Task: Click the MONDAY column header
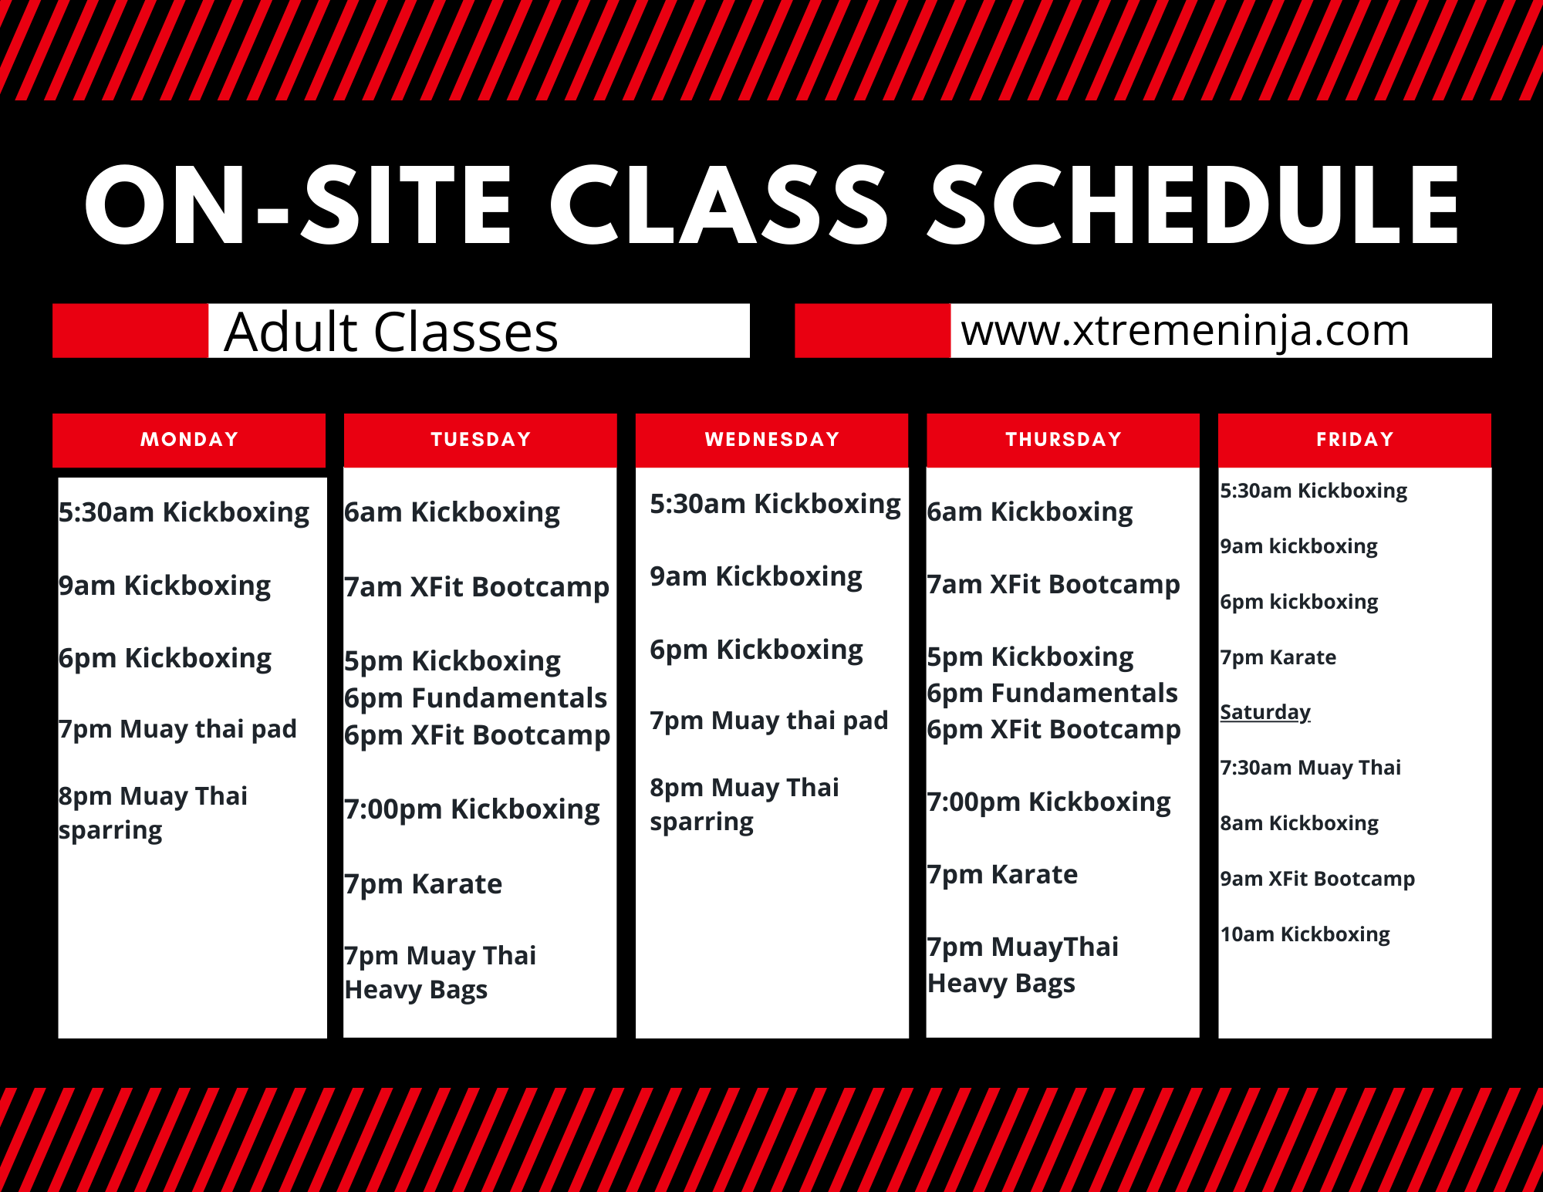click(189, 440)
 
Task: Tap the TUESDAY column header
click(481, 440)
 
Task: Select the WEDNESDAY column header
click(772, 440)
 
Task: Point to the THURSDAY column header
click(1063, 440)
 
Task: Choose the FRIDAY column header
click(1355, 440)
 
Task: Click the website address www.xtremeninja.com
click(1185, 331)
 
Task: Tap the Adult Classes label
click(391, 333)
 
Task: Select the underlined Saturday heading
click(1265, 712)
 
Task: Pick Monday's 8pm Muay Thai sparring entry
click(153, 813)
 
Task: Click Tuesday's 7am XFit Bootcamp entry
click(477, 588)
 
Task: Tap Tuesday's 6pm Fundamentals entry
click(475, 698)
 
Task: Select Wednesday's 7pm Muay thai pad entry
click(769, 721)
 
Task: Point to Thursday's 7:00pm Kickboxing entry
click(1049, 802)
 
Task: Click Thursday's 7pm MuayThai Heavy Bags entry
click(1023, 965)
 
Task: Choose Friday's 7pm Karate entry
click(1278, 657)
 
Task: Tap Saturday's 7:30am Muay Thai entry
click(1310, 768)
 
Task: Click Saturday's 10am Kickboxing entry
click(1305, 934)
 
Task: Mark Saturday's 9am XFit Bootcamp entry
click(1318, 879)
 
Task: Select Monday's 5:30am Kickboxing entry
click(184, 513)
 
